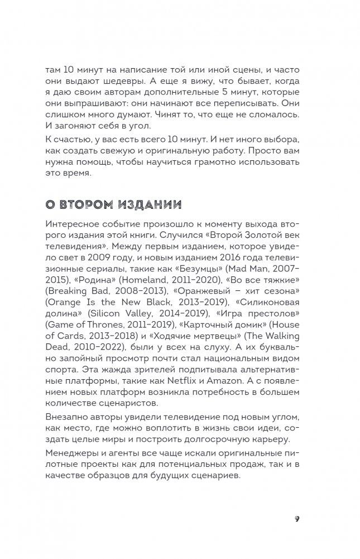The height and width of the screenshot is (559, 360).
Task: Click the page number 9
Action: (297, 518)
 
